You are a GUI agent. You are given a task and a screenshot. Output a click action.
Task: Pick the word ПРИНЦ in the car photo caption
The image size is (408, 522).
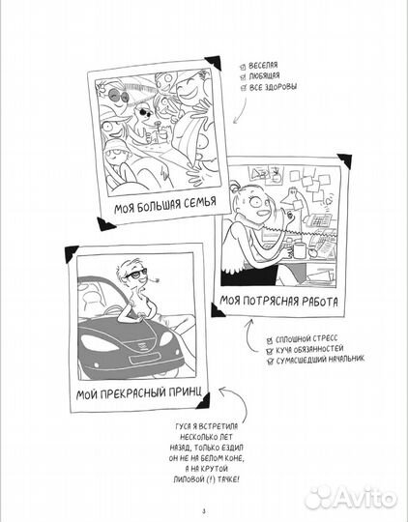tap(181, 396)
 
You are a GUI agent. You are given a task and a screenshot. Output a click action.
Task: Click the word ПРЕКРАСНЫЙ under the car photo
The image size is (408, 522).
tap(126, 396)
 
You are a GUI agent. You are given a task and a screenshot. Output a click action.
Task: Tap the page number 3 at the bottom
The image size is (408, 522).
tap(203, 510)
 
